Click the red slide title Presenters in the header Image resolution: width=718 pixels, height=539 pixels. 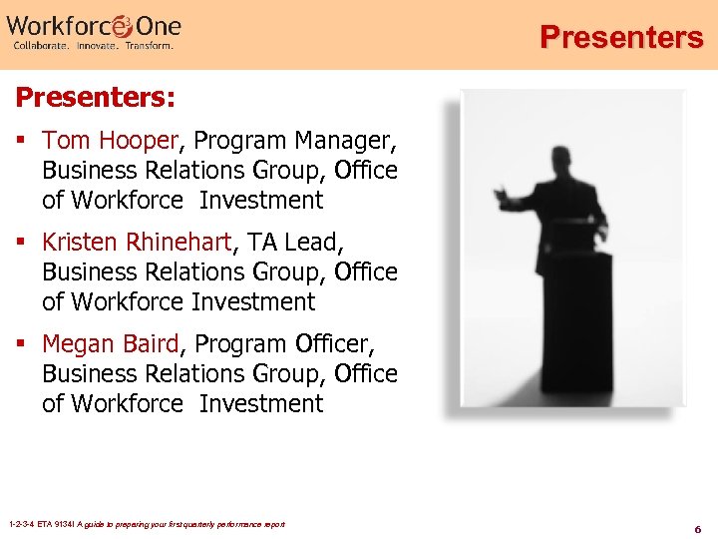(621, 38)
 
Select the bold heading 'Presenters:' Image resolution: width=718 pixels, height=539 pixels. (96, 98)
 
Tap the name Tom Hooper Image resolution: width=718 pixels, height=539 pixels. (110, 140)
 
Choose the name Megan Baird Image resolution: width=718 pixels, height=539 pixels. (111, 343)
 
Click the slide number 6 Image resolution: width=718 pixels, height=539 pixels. (698, 528)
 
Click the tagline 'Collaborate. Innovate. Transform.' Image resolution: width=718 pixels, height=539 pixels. (92, 46)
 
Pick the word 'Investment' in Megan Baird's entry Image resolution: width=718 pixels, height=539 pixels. (261, 403)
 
